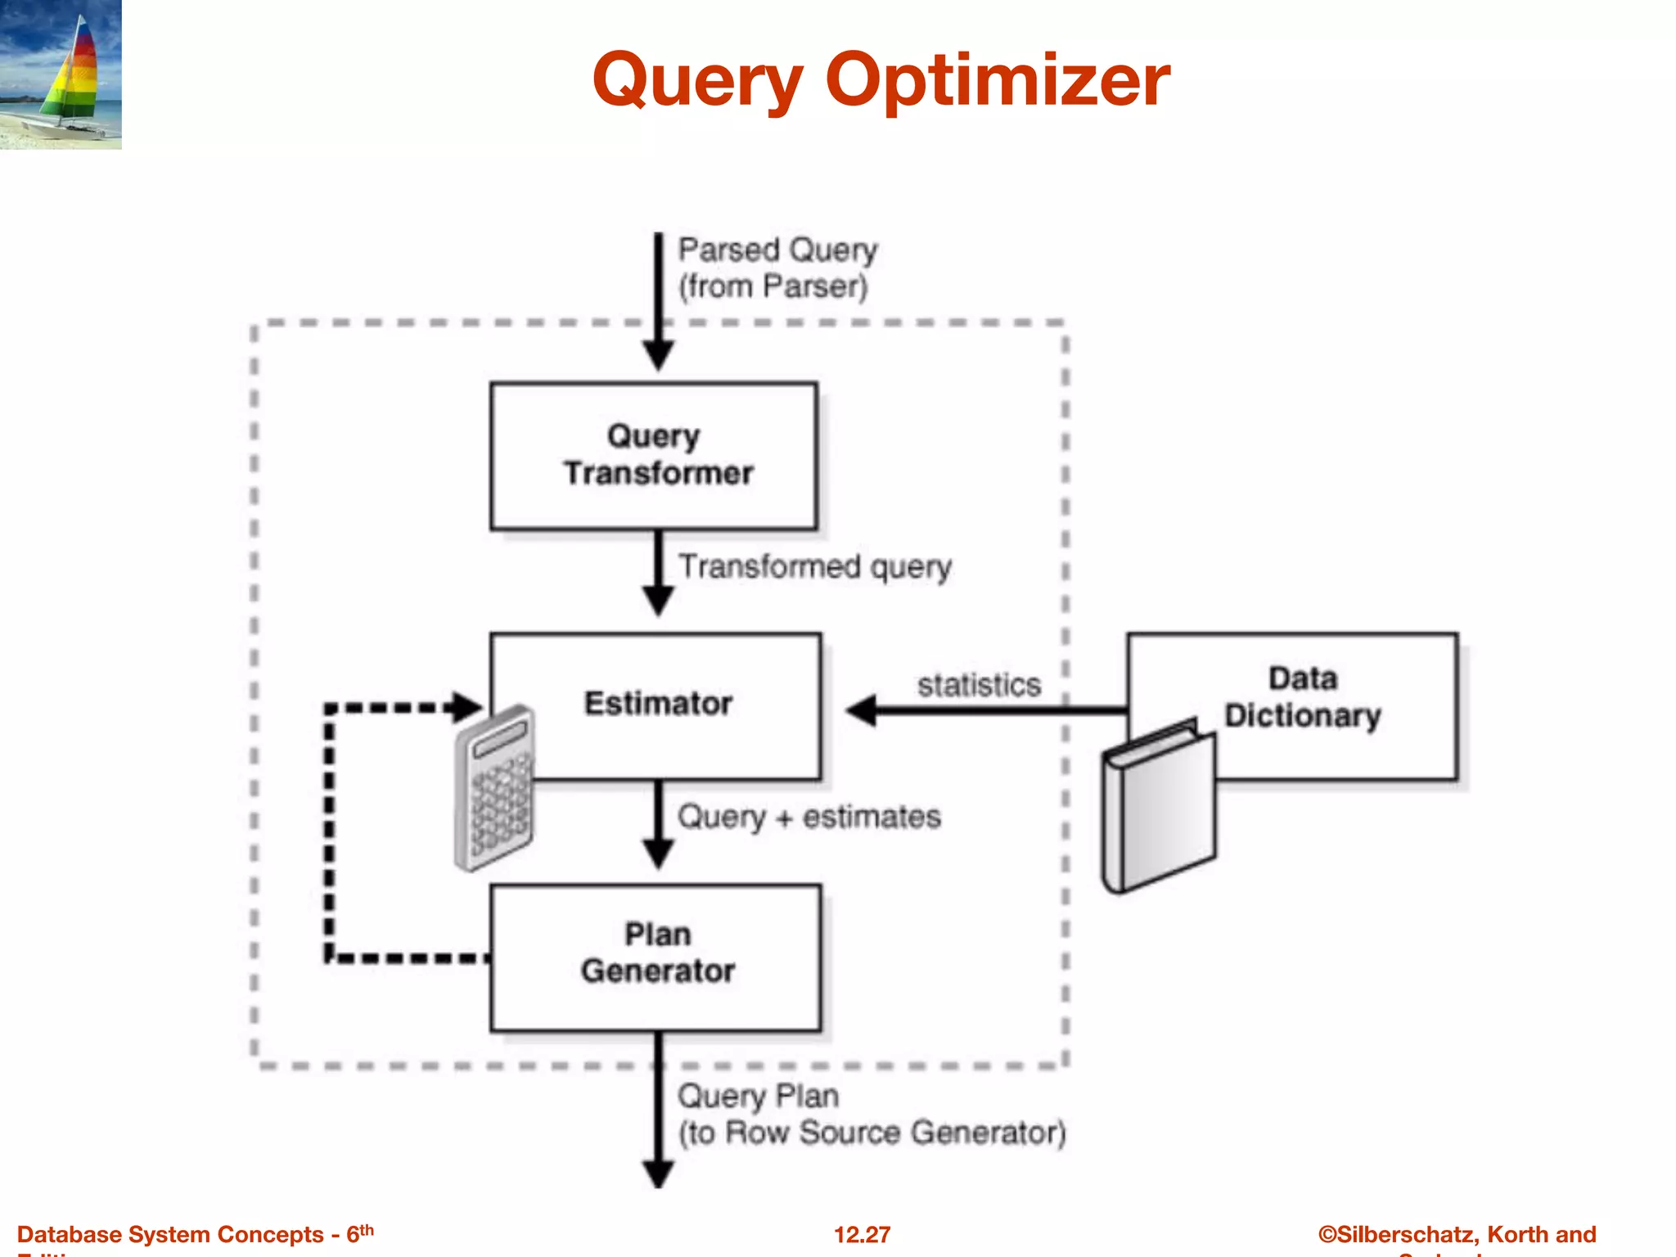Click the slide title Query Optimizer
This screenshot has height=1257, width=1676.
click(881, 80)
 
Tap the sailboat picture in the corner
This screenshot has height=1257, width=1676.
click(61, 74)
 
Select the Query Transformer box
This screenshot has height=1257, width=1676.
click(654, 455)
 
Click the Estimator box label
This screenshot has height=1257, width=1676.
click(658, 704)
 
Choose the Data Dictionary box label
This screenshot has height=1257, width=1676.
click(1302, 697)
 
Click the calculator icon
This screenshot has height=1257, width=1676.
click(494, 787)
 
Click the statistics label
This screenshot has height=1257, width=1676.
click(979, 684)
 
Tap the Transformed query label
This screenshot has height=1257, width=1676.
click(815, 566)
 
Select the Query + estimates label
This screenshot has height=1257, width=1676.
click(809, 817)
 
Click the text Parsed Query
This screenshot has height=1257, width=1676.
click(777, 250)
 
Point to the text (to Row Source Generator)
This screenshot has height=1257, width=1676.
click(872, 1133)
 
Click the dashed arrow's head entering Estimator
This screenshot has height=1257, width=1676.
click(469, 707)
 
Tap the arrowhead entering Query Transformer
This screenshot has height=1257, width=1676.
click(658, 357)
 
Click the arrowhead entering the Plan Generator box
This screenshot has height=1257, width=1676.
click(658, 854)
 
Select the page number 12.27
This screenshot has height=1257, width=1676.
click(862, 1234)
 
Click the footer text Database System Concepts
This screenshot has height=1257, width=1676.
click(170, 1234)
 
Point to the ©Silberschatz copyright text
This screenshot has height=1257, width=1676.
click(1457, 1234)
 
